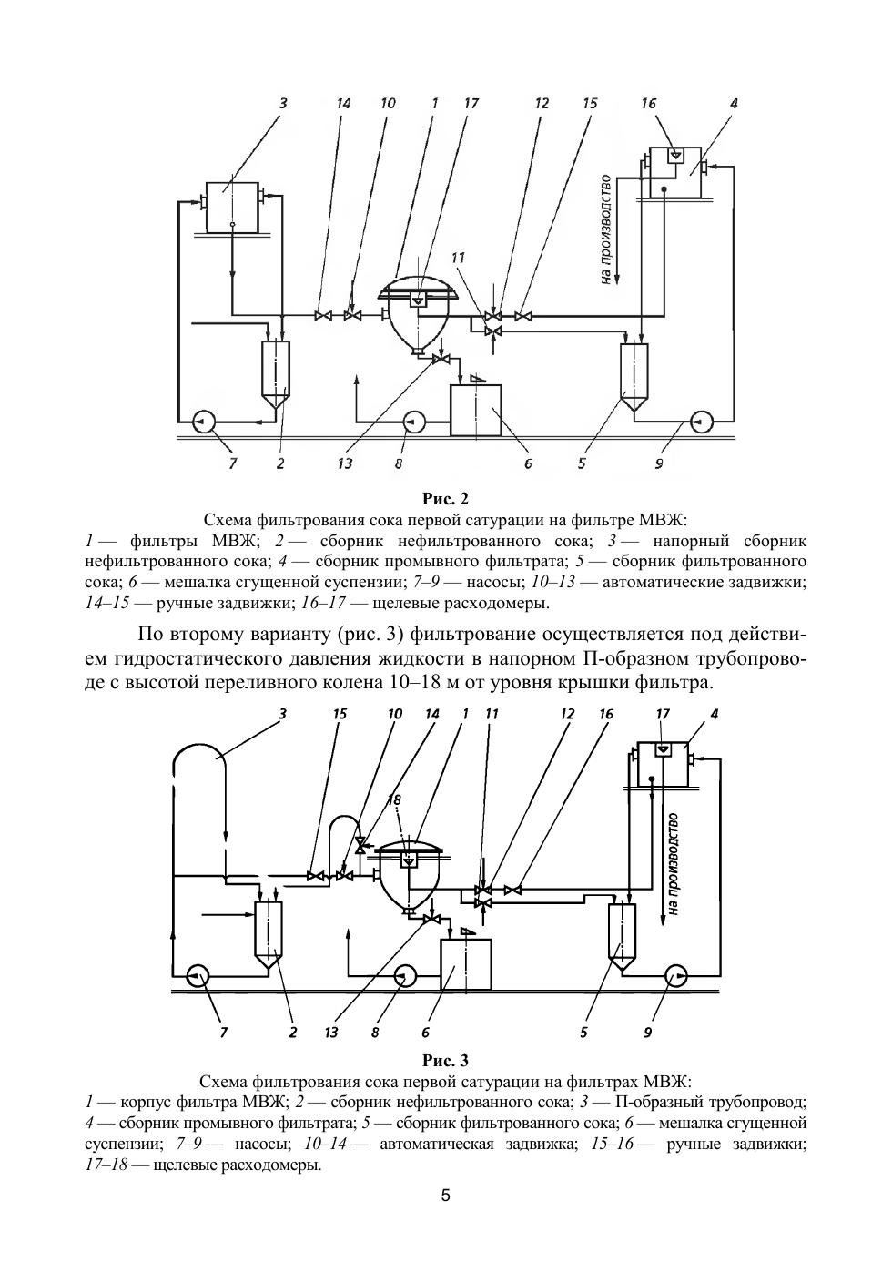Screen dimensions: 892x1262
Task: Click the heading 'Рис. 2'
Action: point(445,499)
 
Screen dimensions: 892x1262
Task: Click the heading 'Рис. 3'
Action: point(445,1060)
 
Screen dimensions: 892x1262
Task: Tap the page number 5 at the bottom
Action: point(445,1196)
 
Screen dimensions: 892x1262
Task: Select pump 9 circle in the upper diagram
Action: point(703,421)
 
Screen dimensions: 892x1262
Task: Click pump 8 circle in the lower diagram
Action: point(405,975)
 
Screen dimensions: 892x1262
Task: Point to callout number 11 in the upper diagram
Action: point(458,258)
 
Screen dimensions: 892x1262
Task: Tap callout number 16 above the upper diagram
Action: point(648,104)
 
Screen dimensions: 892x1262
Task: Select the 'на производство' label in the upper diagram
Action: point(605,229)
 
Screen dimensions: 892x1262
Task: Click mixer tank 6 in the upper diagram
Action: point(476,410)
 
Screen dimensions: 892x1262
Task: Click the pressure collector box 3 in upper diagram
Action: point(232,208)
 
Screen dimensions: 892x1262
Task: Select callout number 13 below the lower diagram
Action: point(331,1033)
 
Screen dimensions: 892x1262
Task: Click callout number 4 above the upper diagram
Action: point(734,104)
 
